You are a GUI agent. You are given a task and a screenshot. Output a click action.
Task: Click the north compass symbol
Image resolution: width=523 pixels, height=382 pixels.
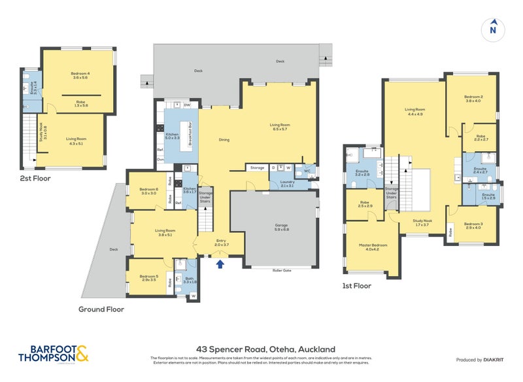493,28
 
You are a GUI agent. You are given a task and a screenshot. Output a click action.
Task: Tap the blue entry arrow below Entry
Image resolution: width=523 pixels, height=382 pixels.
220,264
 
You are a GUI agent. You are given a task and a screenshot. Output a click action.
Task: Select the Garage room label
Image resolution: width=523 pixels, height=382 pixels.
281,226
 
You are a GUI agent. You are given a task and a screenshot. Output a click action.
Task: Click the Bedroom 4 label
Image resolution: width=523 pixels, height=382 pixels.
81,74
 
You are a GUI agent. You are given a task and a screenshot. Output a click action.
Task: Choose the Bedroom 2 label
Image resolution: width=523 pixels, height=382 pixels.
473,98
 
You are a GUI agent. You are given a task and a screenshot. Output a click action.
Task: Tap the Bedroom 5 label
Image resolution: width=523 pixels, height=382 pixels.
148,277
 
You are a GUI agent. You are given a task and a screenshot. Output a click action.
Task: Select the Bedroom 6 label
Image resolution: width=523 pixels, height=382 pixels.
148,191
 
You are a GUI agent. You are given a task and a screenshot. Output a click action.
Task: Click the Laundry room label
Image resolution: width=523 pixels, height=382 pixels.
286,183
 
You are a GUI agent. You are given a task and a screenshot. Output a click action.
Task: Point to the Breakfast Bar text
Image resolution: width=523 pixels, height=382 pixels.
190,133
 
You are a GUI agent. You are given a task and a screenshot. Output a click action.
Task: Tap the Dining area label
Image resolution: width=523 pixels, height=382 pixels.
223,139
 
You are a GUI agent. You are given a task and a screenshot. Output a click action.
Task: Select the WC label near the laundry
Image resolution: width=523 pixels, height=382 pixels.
307,173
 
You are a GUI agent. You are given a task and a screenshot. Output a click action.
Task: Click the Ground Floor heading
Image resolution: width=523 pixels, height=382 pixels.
101,309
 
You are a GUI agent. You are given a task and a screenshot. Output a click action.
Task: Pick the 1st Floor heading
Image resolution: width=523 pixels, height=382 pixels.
356,286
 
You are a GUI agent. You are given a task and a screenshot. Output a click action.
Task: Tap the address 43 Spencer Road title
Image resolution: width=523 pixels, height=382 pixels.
261,349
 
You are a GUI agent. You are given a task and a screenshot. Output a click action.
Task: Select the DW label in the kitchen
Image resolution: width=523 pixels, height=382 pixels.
187,105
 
